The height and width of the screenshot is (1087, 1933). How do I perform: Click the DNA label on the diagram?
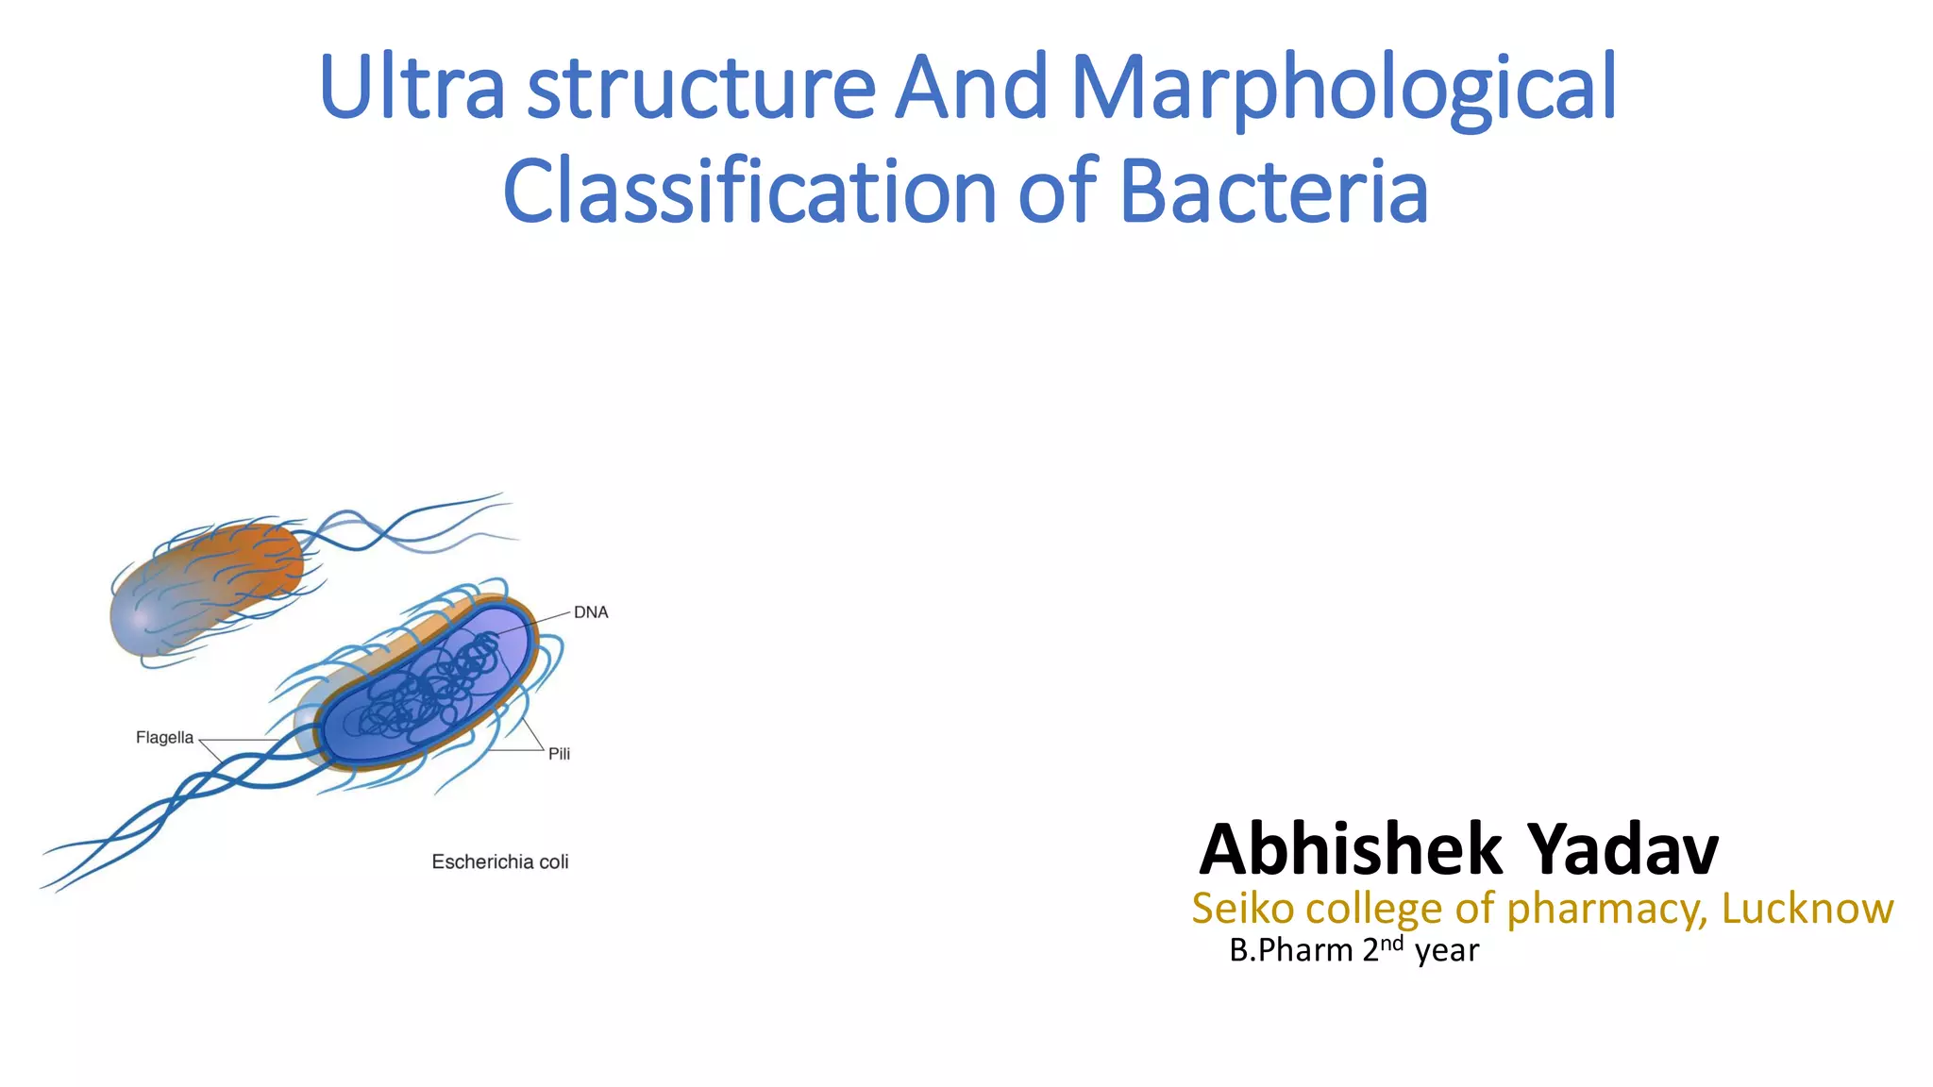[x=591, y=612]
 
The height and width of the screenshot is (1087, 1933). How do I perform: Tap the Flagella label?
[x=164, y=738]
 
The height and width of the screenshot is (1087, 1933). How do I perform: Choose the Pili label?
[x=559, y=754]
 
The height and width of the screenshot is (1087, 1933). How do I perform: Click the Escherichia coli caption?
[x=500, y=861]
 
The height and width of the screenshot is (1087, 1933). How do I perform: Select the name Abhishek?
[x=1351, y=849]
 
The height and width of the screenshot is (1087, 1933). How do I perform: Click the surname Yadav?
[x=1622, y=849]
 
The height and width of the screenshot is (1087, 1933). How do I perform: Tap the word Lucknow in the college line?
[x=1807, y=909]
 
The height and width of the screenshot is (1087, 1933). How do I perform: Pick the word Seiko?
[x=1242, y=909]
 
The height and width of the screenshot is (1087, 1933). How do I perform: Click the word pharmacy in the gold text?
[x=1606, y=909]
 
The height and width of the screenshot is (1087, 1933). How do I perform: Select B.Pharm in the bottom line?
[x=1290, y=950]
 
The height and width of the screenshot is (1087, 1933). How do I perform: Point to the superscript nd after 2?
[x=1391, y=943]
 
